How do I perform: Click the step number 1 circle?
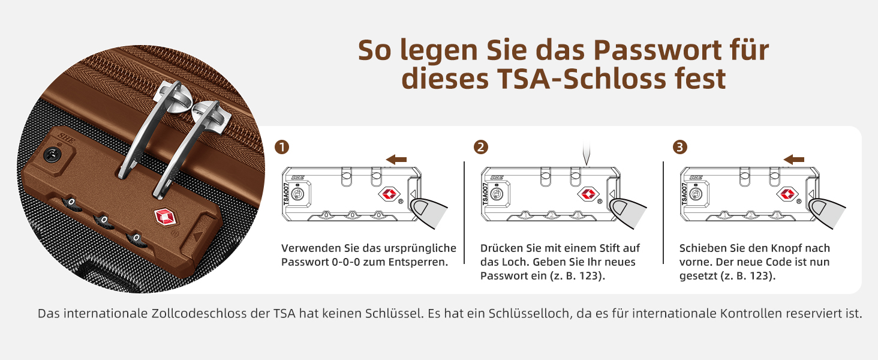(282, 147)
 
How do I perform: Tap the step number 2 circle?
(481, 147)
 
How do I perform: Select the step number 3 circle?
(680, 147)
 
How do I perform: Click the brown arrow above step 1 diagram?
(396, 159)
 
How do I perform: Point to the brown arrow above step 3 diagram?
(793, 159)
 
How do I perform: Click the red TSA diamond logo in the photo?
(166, 217)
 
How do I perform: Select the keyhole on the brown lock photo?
(51, 155)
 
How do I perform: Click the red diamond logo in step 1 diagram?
(389, 194)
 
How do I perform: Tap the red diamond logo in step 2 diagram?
(588, 194)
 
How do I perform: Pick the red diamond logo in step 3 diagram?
(787, 194)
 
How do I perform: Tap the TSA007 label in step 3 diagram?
(684, 194)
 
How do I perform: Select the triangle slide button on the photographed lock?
(198, 236)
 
